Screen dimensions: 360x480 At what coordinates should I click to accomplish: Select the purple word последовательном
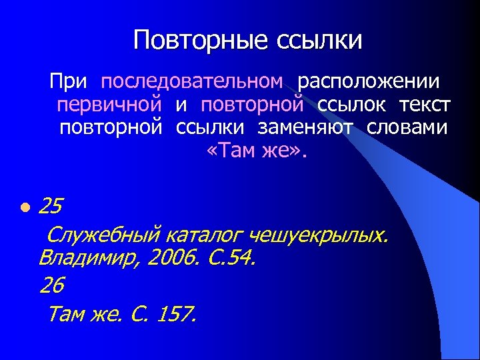[x=192, y=82]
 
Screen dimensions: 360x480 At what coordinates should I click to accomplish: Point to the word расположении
[x=369, y=82]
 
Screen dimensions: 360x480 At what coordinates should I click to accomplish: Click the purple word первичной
[x=109, y=105]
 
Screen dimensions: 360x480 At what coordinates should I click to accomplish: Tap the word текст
[x=425, y=105]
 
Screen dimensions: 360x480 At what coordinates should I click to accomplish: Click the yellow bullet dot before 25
[x=25, y=207]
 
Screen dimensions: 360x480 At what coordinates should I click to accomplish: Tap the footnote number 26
[x=51, y=285]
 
